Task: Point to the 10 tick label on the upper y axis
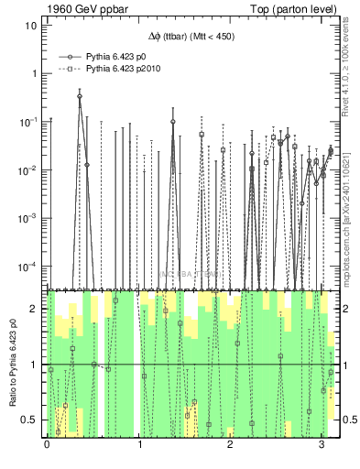[x=31, y=25]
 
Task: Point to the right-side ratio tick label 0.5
[x=346, y=420]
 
